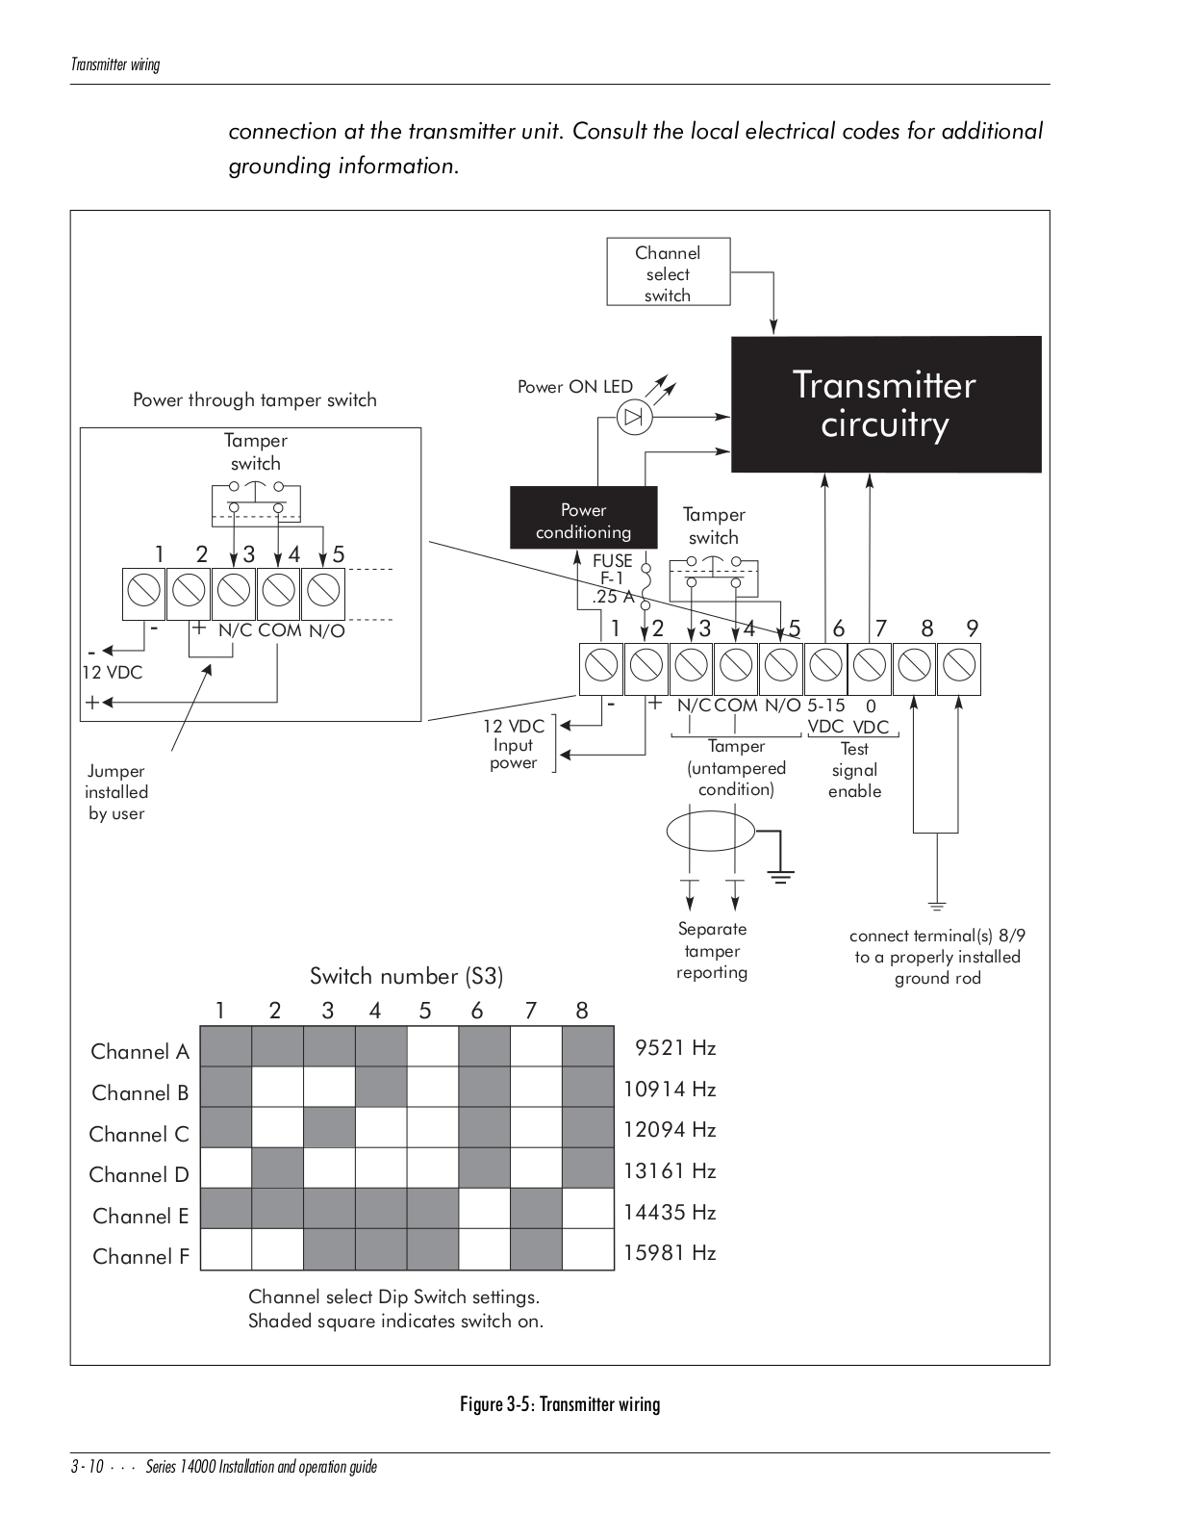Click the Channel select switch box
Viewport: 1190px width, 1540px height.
point(668,271)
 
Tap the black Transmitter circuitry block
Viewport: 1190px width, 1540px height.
point(885,404)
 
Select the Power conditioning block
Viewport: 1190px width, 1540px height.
point(583,518)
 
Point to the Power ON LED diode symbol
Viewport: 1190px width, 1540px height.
point(634,418)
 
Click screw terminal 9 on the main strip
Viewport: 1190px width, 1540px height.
point(959,669)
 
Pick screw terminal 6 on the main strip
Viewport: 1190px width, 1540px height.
point(825,669)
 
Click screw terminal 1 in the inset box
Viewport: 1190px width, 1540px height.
point(143,594)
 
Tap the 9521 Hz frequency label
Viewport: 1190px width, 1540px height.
point(675,1047)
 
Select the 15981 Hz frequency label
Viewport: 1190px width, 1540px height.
point(670,1252)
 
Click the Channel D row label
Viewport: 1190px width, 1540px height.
point(139,1174)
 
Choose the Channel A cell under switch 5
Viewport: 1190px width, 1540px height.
point(433,1047)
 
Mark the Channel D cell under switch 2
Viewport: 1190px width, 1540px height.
point(278,1168)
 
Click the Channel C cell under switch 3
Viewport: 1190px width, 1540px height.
point(329,1127)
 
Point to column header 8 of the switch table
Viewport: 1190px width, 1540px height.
point(582,1011)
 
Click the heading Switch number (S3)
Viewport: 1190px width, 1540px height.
point(407,976)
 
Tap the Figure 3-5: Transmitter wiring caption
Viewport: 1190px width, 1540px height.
point(560,1404)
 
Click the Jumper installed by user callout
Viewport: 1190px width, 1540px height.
point(116,791)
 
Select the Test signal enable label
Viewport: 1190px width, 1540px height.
point(855,770)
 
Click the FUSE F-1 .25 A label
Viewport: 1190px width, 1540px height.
point(614,578)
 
